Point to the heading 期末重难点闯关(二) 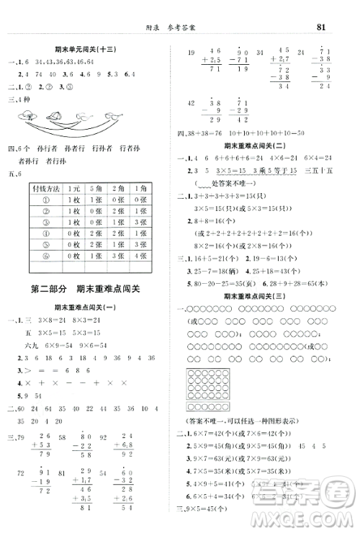click(256, 146)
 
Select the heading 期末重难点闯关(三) click(256, 295)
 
